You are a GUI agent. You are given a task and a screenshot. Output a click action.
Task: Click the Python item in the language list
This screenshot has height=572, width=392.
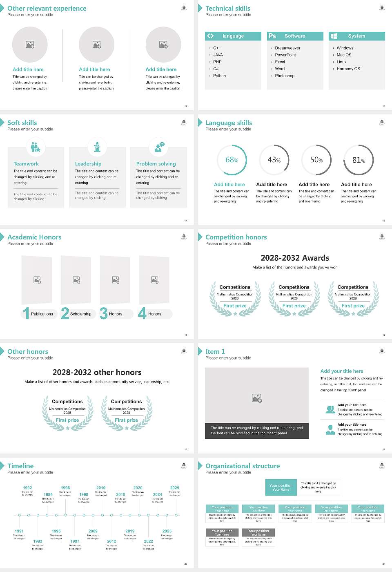tap(219, 76)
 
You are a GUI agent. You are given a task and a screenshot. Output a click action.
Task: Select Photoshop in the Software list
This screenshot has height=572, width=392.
tap(285, 76)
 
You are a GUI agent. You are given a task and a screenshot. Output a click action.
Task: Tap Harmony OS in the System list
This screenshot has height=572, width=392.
tap(348, 69)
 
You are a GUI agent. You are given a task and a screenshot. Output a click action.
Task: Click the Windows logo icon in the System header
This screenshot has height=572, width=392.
tap(334, 36)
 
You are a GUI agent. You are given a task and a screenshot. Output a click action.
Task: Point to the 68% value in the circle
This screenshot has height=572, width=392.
tap(232, 160)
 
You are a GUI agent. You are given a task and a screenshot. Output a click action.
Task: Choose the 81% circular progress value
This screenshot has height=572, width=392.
tap(359, 160)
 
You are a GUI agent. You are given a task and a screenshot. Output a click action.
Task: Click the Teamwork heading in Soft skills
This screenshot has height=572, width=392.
tap(26, 164)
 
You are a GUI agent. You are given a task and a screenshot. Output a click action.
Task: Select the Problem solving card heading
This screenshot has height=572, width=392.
tap(156, 164)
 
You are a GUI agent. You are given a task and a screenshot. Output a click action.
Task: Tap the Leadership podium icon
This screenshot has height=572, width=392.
tap(97, 147)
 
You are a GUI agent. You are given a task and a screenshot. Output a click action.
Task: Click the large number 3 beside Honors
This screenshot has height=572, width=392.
tap(104, 313)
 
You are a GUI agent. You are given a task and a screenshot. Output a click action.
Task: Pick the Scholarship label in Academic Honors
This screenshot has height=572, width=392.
tap(80, 314)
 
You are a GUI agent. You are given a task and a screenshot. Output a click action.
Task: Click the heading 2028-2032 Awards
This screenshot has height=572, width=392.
tap(295, 258)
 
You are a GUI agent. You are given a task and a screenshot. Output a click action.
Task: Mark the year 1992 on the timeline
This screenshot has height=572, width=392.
tap(27, 488)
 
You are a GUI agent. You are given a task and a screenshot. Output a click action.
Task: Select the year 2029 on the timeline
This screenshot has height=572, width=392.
tap(174, 488)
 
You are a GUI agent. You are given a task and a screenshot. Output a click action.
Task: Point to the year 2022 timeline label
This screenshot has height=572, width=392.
tap(148, 541)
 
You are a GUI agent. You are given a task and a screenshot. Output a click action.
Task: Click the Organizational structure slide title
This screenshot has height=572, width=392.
tap(243, 466)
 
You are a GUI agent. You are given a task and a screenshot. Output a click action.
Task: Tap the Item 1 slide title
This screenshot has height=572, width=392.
tap(215, 352)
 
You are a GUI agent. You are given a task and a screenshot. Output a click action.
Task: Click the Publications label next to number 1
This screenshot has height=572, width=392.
tap(42, 314)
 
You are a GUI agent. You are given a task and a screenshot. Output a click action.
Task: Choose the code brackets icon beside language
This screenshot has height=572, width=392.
tap(210, 36)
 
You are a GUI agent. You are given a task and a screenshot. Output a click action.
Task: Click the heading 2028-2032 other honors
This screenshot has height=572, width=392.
tap(97, 372)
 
